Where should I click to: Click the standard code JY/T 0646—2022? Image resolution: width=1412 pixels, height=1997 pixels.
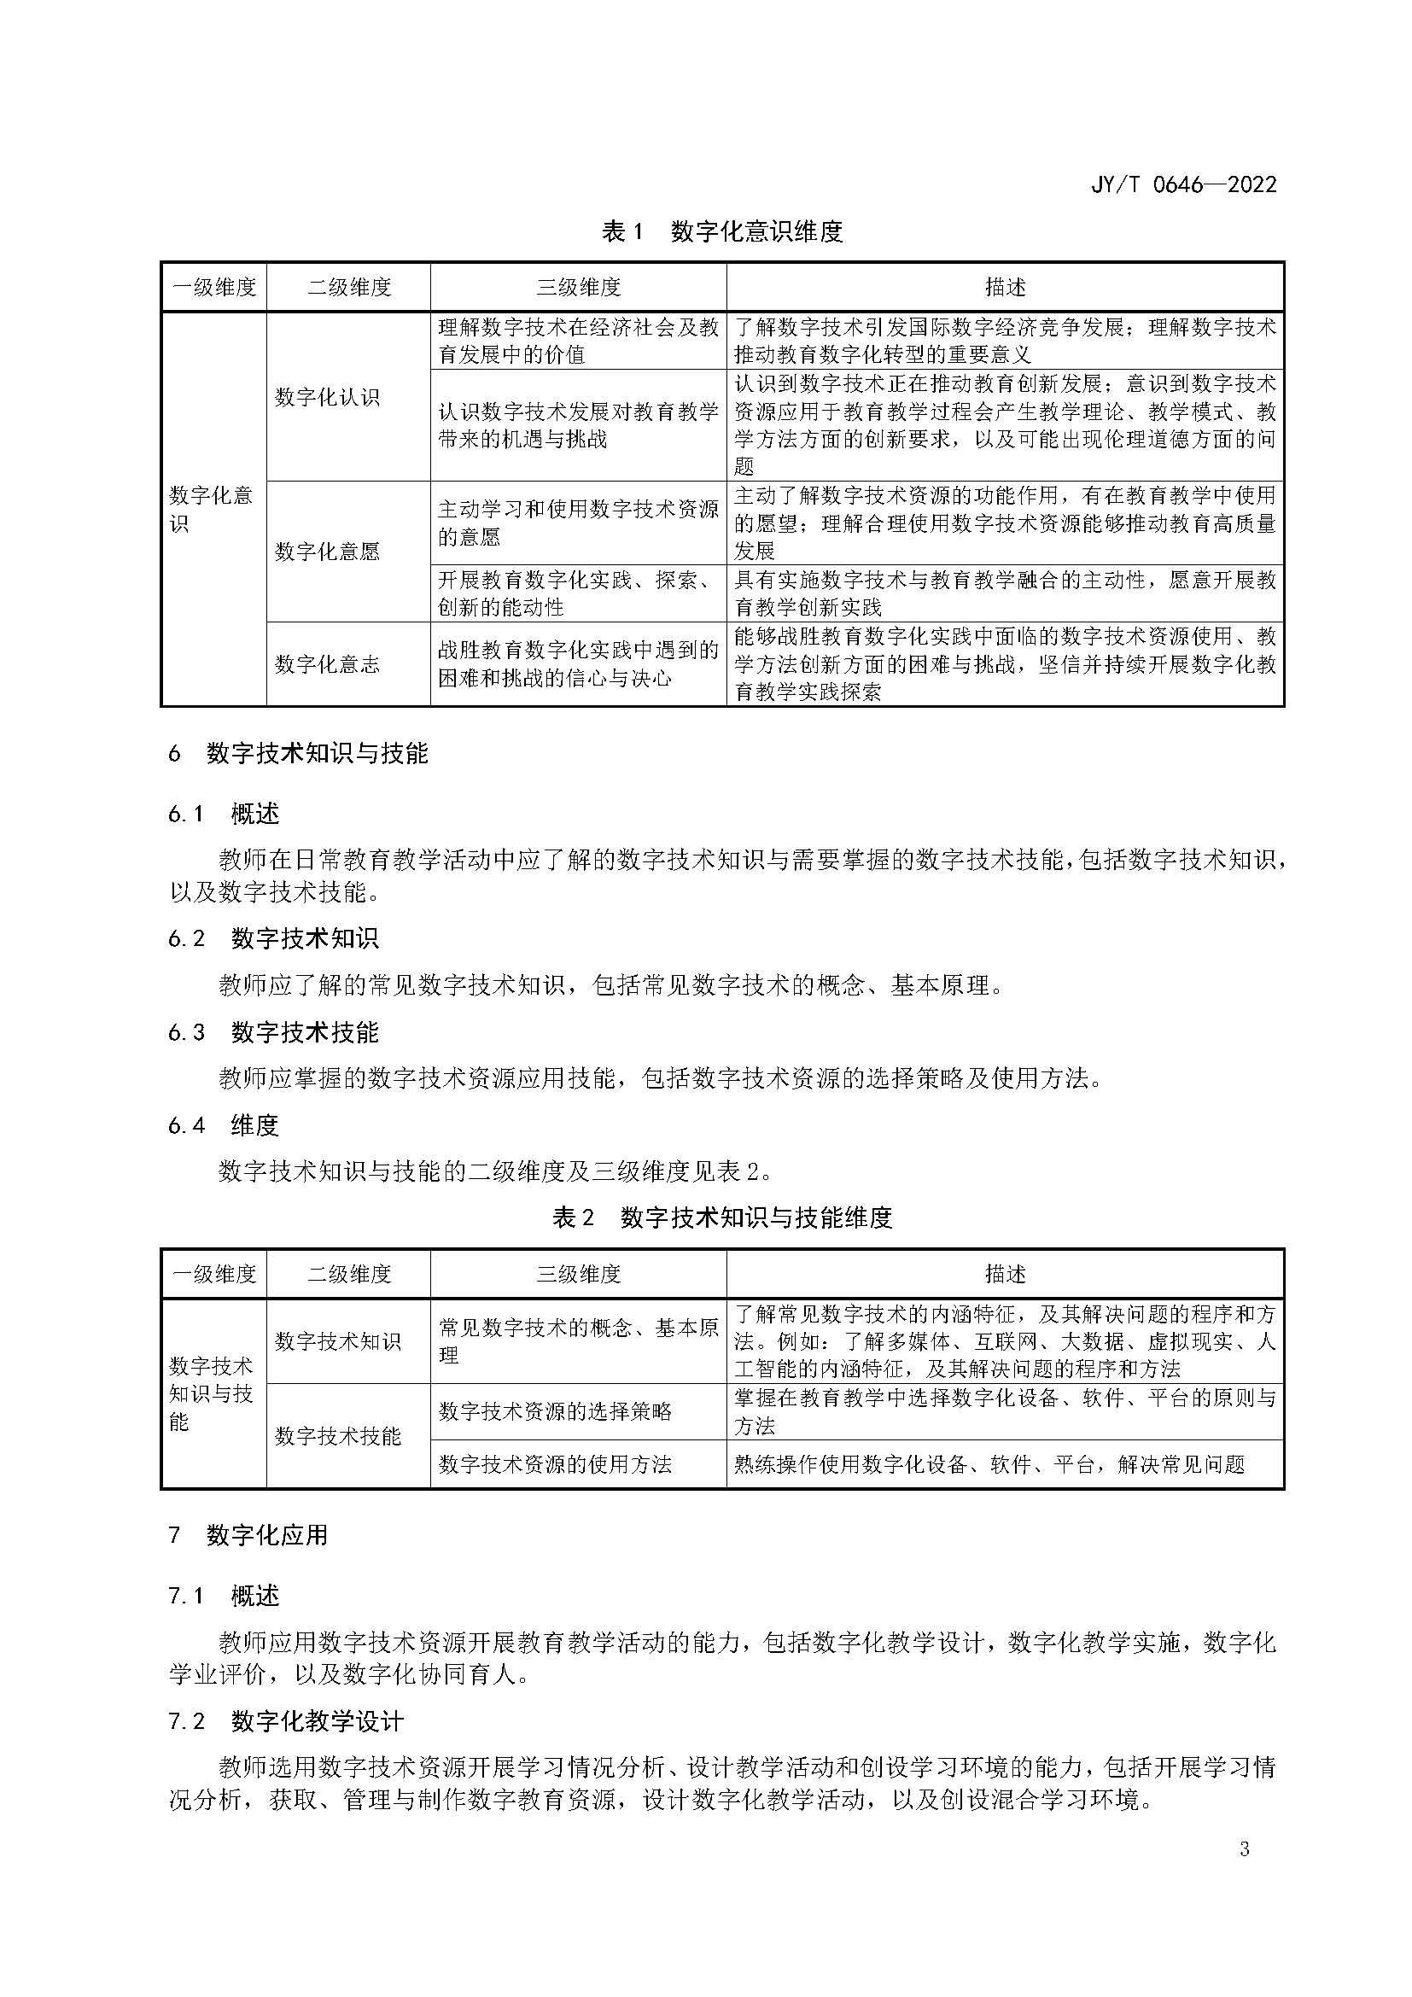point(1182,184)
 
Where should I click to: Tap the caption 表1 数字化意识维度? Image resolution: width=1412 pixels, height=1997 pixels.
point(721,231)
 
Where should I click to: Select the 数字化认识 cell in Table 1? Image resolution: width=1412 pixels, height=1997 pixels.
point(327,398)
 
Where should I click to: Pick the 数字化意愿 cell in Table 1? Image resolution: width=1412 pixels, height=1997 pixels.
point(327,552)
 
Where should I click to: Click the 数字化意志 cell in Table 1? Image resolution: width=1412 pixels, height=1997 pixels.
point(327,664)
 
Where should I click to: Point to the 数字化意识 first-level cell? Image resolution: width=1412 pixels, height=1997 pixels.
point(210,510)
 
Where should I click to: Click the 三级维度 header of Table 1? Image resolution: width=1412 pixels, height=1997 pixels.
point(578,287)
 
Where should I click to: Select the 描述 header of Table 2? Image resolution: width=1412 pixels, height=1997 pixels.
point(1005,1274)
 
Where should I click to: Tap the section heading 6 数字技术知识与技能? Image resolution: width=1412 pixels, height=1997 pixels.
point(298,753)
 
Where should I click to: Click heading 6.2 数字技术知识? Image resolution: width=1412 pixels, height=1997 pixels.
point(273,938)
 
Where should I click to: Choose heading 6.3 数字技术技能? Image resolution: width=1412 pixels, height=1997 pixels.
point(273,1032)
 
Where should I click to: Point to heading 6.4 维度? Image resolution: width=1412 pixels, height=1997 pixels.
point(224,1125)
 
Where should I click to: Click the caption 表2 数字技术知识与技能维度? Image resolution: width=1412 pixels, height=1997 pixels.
point(721,1217)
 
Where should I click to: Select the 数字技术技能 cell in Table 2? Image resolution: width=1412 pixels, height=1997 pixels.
point(338,1436)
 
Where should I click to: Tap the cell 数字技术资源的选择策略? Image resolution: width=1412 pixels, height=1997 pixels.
point(555,1410)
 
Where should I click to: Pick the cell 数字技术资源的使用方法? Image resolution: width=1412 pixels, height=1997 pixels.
point(555,1465)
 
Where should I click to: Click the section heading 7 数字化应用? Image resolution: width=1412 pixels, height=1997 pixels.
point(248,1535)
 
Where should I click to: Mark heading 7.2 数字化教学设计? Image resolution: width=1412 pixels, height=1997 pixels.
point(286,1721)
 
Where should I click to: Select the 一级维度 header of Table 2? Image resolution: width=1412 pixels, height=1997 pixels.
point(214,1274)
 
